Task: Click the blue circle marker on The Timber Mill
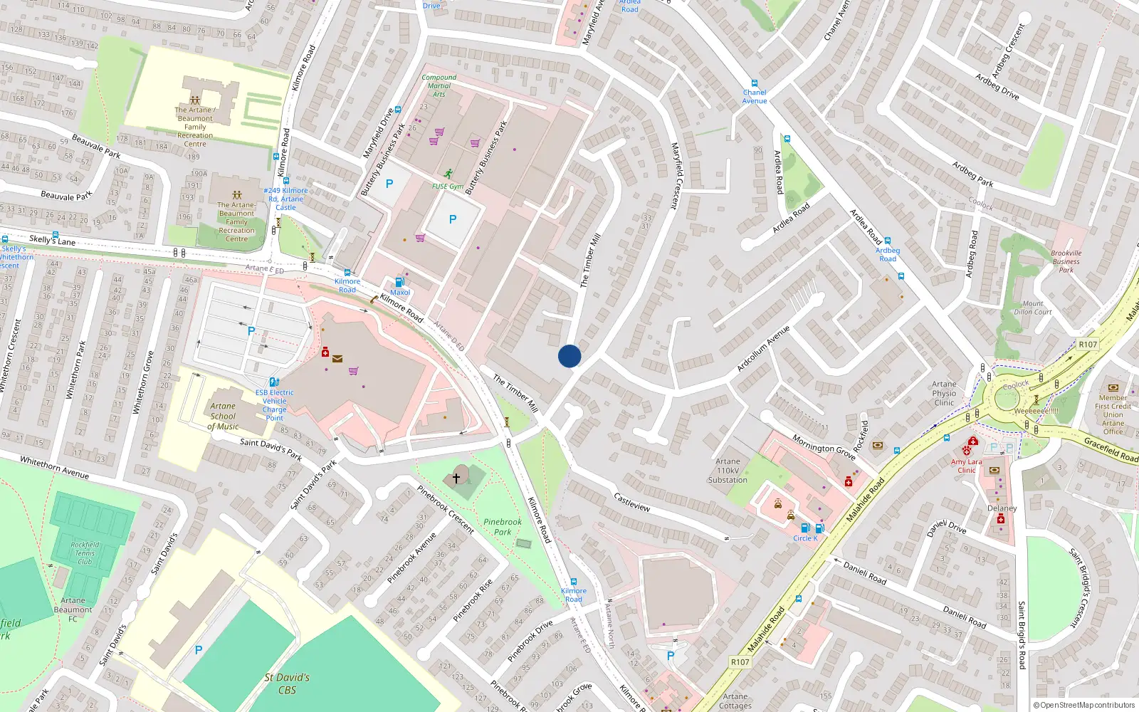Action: coord(569,356)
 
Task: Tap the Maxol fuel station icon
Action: coord(399,283)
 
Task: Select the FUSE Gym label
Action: coord(448,187)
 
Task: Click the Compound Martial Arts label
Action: coord(439,85)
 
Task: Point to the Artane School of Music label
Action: coord(223,417)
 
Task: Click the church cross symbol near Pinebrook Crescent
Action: coord(456,478)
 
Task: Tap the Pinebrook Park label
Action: coord(503,527)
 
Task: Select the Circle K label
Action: coord(805,538)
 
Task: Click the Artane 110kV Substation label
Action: coord(728,471)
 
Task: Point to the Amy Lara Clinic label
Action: coord(966,466)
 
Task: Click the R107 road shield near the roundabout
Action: coord(1088,345)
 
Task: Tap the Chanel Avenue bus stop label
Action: coord(755,97)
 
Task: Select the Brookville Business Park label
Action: coord(1066,261)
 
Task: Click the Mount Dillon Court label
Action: coord(1033,308)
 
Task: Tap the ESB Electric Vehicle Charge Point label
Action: coord(274,405)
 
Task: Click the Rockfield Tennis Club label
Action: coord(85,553)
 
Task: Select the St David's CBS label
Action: coord(287,684)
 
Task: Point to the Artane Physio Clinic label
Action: coord(944,393)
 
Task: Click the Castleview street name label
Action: coord(632,502)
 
